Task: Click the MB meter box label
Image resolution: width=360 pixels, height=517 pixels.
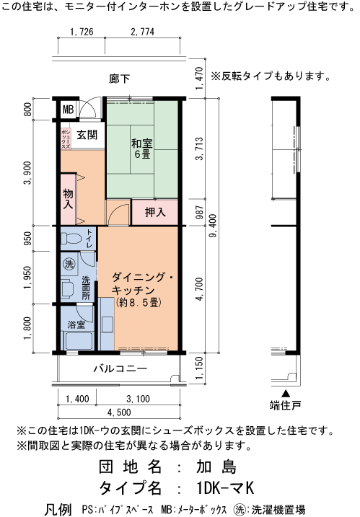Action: tap(68, 109)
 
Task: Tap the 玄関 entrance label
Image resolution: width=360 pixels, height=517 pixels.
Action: tap(87, 135)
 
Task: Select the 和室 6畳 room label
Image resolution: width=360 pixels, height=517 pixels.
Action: tap(142, 149)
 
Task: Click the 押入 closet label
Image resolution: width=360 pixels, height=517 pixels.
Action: tap(155, 212)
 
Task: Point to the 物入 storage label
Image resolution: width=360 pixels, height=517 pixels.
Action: tap(68, 198)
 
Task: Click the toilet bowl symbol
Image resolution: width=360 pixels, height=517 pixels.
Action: tap(71, 238)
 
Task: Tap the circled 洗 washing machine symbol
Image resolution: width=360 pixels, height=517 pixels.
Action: tap(69, 263)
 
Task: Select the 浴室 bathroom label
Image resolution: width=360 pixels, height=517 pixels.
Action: tap(76, 324)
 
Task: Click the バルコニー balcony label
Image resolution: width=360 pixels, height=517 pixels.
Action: tap(120, 368)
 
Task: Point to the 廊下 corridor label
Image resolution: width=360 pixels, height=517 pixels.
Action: tap(120, 79)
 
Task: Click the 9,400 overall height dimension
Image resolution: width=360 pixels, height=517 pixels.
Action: tap(213, 226)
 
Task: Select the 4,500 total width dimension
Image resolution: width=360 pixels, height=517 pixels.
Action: tap(119, 412)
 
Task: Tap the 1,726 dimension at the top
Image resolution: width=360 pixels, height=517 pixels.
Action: tap(82, 32)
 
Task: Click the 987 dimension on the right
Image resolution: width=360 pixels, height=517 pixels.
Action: tap(200, 212)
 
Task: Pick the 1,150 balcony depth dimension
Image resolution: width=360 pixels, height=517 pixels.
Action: tap(200, 368)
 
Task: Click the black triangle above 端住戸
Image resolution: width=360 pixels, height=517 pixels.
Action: tap(286, 394)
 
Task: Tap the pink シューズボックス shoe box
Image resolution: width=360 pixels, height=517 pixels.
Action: tap(66, 139)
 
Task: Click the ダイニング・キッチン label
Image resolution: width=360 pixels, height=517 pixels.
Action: tap(143, 283)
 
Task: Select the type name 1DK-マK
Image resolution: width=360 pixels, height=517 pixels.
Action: tap(225, 488)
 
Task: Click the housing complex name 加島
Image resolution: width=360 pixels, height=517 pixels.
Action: tap(216, 467)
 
